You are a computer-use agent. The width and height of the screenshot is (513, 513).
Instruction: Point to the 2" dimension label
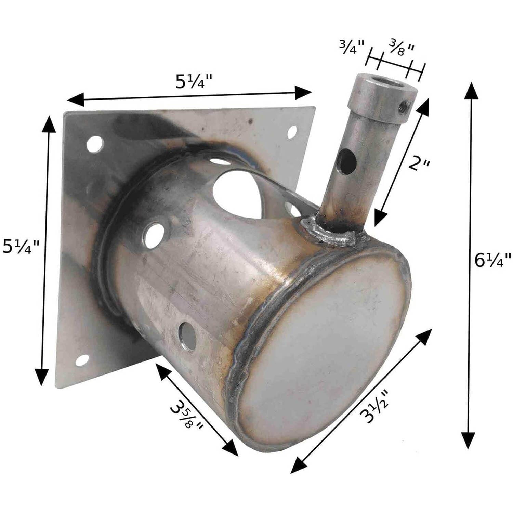point(419,165)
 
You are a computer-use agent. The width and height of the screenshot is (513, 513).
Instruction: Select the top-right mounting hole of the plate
point(292,132)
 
